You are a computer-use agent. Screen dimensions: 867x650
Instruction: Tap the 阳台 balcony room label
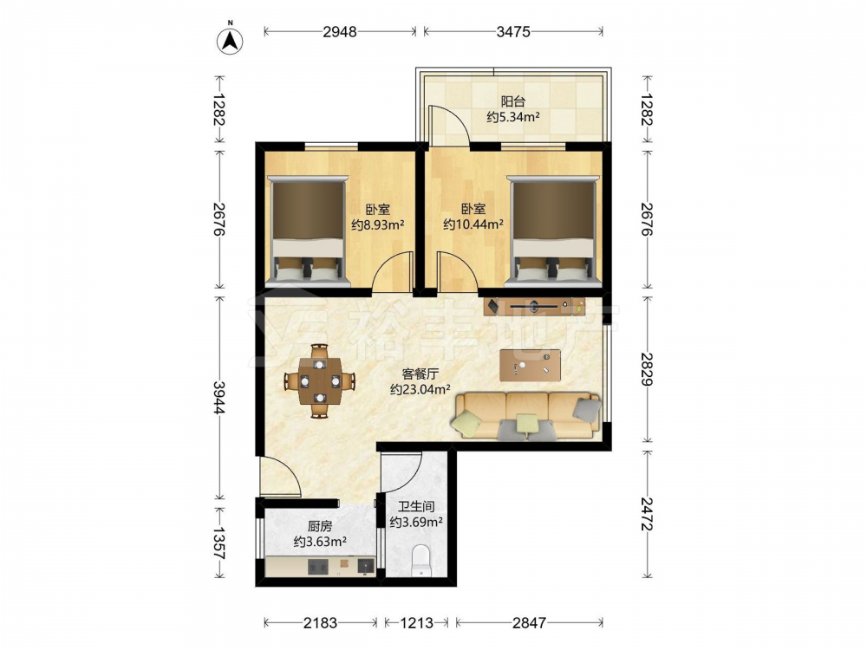[x=512, y=101]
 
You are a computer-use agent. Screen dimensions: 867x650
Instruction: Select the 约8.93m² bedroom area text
[x=378, y=225]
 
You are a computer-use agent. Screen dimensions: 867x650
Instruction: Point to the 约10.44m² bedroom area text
[x=473, y=225]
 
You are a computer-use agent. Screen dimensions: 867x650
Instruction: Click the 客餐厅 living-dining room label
[x=420, y=374]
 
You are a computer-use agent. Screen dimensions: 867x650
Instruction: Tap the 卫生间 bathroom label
[x=416, y=506]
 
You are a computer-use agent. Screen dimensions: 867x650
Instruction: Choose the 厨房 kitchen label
[x=320, y=526]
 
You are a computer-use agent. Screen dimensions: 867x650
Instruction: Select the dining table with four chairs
[x=320, y=380]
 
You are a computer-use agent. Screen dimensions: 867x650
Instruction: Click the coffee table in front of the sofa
[x=530, y=366]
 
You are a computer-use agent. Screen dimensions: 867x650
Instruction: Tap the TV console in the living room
[x=534, y=306]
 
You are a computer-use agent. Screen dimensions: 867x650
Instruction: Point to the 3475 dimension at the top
[x=513, y=32]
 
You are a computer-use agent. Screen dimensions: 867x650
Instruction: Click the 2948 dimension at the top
[x=340, y=32]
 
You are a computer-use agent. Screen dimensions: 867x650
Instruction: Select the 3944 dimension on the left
[x=219, y=398]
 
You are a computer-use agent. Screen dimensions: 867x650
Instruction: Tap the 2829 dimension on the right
[x=647, y=368]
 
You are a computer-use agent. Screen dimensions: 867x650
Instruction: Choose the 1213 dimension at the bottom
[x=416, y=623]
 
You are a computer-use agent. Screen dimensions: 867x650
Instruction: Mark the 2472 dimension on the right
[x=647, y=514]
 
